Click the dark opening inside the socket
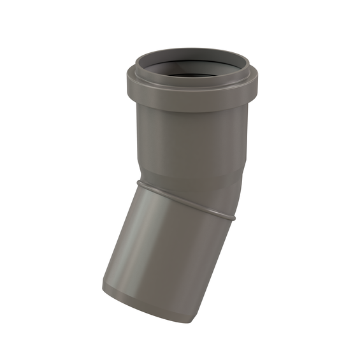pos(191,75)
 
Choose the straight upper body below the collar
pos(191,140)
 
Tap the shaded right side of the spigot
pos(210,268)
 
